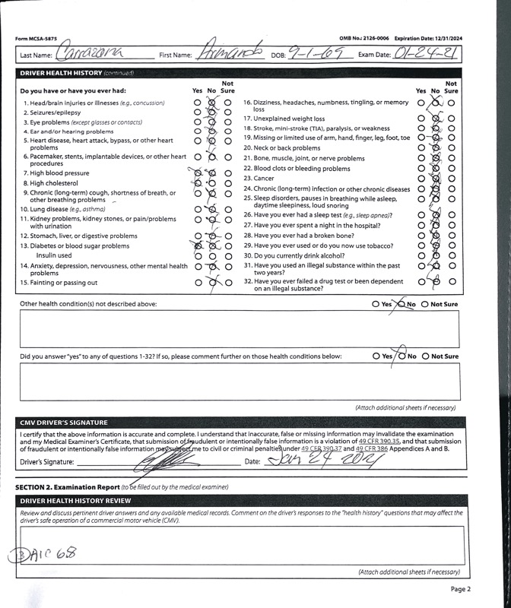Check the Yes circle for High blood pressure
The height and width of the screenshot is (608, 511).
click(198, 173)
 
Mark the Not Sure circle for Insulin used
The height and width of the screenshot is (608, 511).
click(228, 256)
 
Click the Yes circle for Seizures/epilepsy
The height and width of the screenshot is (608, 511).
click(198, 112)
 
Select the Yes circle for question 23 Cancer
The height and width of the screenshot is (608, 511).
click(421, 179)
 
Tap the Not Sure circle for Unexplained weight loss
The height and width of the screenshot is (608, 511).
click(452, 119)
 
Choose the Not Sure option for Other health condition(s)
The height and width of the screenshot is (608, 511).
click(426, 304)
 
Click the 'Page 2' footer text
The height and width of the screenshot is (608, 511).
click(460, 589)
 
